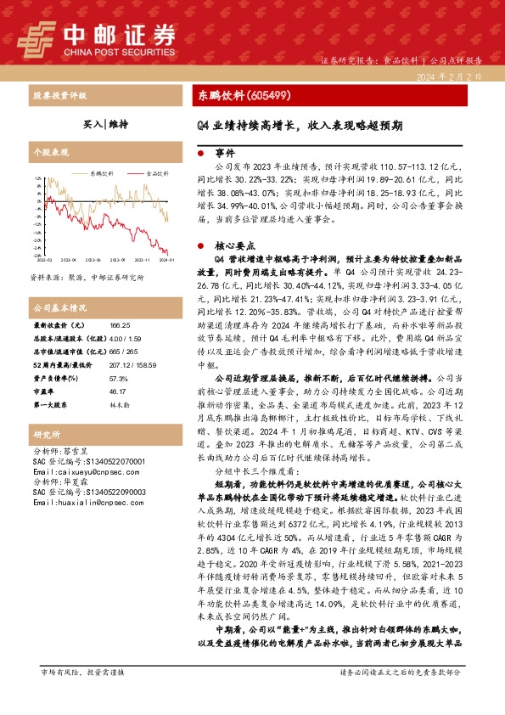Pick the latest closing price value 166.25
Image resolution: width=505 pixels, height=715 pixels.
coord(120,326)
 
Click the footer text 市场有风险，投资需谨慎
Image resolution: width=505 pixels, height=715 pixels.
coord(82,673)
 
